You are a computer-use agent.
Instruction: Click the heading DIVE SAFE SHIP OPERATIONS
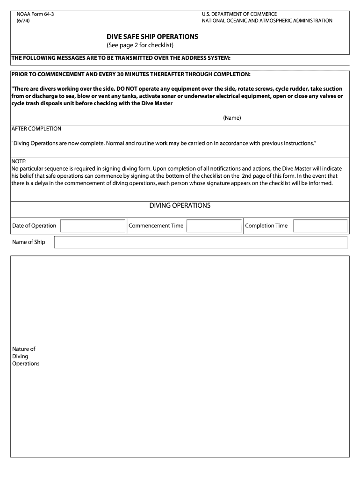[152, 36]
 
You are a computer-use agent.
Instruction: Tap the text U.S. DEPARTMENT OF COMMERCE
[239, 15]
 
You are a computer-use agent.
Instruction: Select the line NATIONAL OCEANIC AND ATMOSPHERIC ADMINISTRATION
[267, 21]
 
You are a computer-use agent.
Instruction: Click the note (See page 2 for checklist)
[140, 45]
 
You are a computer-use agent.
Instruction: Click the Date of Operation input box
[93, 226]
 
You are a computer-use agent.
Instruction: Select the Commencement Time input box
[214, 226]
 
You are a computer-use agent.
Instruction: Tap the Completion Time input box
[320, 226]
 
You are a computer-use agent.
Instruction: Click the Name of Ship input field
[201, 242]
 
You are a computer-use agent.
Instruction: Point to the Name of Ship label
[29, 242]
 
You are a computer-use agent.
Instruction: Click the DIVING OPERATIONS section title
[180, 206]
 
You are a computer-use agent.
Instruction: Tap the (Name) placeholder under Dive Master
[232, 118]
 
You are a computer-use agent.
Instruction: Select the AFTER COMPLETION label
[36, 129]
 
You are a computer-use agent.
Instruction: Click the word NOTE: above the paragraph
[19, 161]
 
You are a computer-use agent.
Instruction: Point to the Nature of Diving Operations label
[26, 356]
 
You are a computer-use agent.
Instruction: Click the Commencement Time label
[156, 226]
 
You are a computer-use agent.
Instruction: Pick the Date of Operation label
[34, 226]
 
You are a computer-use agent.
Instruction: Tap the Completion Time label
[266, 226]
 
